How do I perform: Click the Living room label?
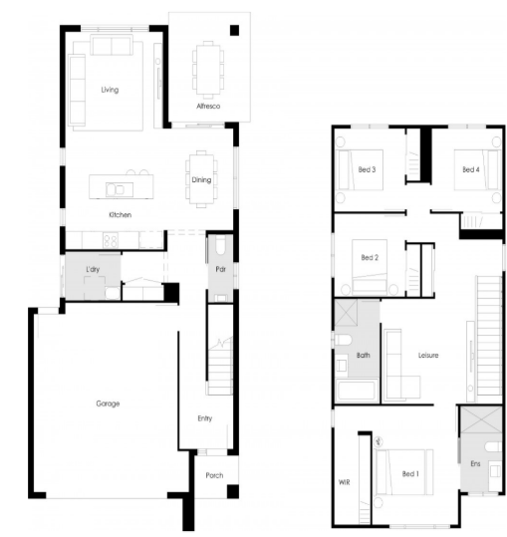[110, 90]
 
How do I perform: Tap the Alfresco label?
[208, 107]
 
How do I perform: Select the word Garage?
[108, 403]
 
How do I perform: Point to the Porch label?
[214, 475]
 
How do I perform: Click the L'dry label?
[93, 269]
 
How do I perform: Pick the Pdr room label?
[221, 269]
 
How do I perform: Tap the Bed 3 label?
[367, 169]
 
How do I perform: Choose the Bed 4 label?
[471, 169]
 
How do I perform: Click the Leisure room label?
[428, 355]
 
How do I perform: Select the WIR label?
[344, 482]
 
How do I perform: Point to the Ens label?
[475, 463]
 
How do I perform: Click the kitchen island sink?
[116, 189]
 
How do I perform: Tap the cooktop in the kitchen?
[111, 240]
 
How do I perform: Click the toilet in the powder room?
[220, 245]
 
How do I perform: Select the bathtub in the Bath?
[357, 391]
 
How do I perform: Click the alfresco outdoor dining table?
[208, 70]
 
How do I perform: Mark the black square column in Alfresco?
[234, 31]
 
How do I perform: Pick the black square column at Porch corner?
[233, 491]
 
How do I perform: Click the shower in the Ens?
[481, 419]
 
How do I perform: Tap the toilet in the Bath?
[344, 340]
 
